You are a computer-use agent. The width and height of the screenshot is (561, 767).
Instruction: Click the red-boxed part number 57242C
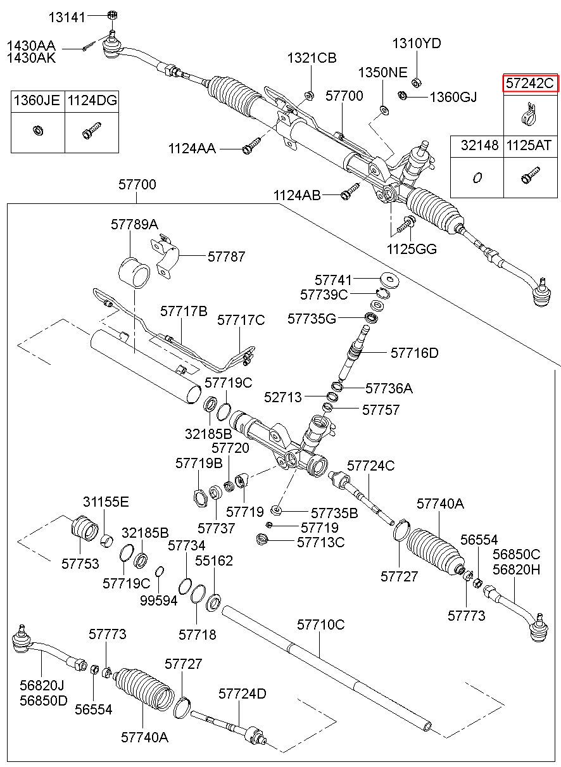click(530, 83)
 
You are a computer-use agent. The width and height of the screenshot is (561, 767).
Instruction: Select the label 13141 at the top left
click(66, 17)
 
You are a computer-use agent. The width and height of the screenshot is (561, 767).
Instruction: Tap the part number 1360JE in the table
click(37, 100)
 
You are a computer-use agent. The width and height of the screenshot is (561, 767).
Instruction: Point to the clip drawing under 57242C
click(529, 115)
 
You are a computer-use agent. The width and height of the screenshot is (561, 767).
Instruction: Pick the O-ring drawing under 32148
click(477, 178)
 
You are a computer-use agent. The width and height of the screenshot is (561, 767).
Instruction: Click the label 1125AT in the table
click(529, 146)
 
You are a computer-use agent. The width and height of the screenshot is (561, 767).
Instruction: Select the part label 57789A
click(134, 225)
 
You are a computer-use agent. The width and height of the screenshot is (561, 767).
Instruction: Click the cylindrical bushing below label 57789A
click(134, 272)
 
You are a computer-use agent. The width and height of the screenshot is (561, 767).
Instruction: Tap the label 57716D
click(415, 353)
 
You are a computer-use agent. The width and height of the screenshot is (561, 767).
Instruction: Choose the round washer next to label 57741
click(389, 279)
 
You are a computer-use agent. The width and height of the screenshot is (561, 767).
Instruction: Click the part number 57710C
click(321, 625)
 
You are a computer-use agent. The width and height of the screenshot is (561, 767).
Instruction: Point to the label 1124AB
click(297, 195)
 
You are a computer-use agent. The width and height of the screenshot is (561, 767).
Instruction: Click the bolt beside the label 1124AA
click(251, 145)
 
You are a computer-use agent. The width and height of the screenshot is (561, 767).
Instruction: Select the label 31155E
click(106, 502)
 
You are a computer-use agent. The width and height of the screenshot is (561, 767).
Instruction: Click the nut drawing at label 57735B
click(276, 510)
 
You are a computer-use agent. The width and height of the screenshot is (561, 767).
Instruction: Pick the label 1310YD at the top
click(417, 44)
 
